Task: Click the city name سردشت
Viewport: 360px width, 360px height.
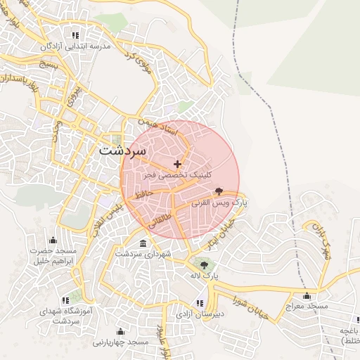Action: (x=122, y=150)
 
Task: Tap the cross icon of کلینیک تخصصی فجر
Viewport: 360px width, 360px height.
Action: (x=176, y=164)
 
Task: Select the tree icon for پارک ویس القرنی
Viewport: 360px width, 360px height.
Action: (x=219, y=191)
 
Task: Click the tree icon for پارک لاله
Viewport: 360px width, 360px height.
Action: (x=204, y=265)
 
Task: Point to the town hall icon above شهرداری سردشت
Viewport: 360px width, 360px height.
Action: (x=143, y=243)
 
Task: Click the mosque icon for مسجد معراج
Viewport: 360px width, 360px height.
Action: (x=307, y=296)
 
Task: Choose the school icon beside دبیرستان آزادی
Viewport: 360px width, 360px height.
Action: (x=200, y=304)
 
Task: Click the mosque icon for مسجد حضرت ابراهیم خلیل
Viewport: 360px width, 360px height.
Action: (x=52, y=241)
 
